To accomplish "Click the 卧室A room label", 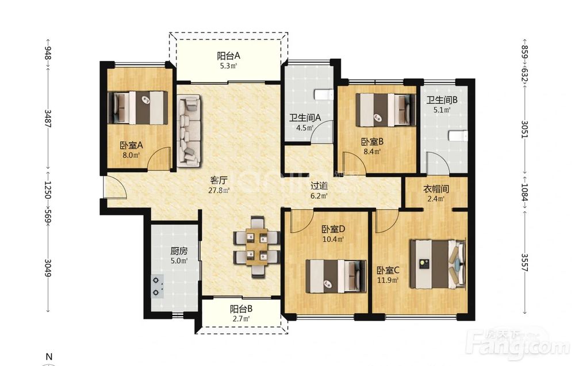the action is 131,145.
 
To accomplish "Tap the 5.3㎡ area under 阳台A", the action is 228,66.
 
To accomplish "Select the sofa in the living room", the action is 189,131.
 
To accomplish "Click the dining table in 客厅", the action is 256,246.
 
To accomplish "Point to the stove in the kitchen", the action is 158,287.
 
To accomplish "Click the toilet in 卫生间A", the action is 323,95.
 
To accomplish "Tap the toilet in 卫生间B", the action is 459,136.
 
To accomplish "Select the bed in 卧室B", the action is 386,110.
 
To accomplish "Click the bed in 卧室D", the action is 336,276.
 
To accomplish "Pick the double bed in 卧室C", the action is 438,264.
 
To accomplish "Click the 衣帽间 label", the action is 436,189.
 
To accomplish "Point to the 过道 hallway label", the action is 319,186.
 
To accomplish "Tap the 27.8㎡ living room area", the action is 219,191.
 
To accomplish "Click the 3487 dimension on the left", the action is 48,118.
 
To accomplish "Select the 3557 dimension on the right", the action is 525,263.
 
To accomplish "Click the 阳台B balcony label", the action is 241,309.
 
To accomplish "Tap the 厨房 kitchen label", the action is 179,251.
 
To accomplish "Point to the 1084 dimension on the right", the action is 525,192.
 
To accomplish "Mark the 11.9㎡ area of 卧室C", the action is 388,280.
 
